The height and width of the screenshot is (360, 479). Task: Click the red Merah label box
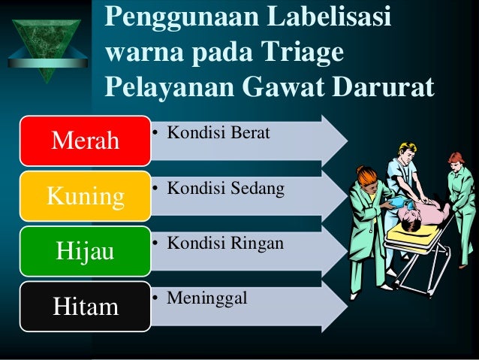point(85,141)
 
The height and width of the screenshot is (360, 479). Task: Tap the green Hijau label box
point(85,250)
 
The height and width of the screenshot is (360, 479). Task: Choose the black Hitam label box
point(85,306)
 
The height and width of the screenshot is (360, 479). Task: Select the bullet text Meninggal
point(206,299)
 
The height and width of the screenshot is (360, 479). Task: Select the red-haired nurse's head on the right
point(456,160)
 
